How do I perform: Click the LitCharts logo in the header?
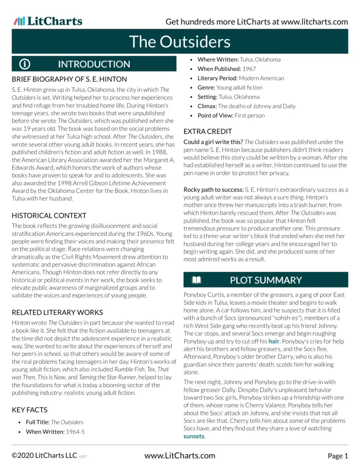pos(48,21)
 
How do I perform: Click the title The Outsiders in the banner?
pos(180,42)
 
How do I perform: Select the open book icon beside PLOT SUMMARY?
pos(196,280)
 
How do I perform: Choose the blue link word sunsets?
pos(194,436)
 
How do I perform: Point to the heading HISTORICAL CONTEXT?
pos(49,216)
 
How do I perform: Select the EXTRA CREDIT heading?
pos(207,131)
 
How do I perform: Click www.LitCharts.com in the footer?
pos(180,455)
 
